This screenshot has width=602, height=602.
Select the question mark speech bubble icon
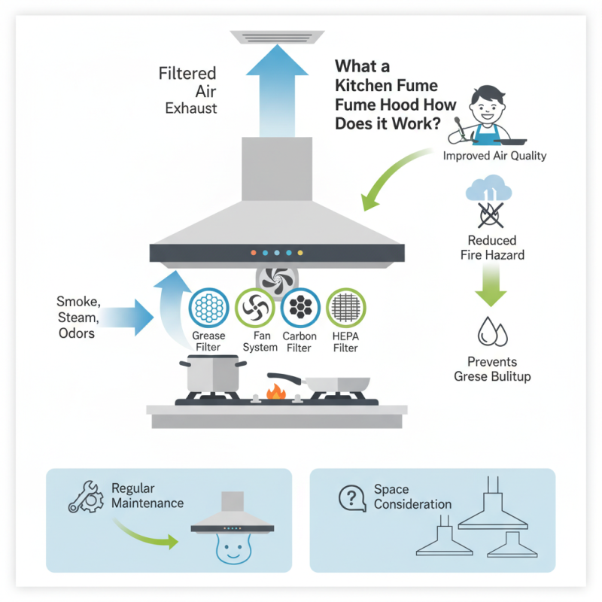tap(352, 497)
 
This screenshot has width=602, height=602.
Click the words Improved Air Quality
tap(494, 157)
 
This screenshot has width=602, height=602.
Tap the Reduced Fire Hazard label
tap(493, 248)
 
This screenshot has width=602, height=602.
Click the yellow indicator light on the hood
tap(300, 253)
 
